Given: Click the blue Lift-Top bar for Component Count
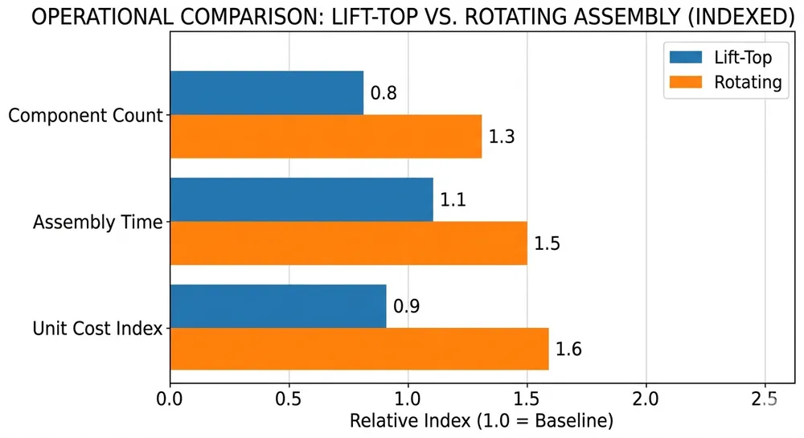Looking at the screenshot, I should [266, 92].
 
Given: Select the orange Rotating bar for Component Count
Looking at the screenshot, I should [326, 136].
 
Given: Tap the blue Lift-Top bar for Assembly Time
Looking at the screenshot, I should [301, 199].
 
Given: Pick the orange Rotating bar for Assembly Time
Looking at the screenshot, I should [348, 243].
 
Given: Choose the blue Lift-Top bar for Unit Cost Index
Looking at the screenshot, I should [277, 306].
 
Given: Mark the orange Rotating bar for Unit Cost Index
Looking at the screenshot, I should [359, 349].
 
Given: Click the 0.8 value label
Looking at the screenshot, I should [384, 93].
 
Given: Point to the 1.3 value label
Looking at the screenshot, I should [502, 137].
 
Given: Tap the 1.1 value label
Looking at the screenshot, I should [453, 200].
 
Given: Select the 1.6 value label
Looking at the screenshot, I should [568, 350].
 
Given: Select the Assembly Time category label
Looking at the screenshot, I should [97, 223].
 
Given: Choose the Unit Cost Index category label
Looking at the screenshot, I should [97, 329].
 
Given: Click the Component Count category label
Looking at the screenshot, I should [86, 116].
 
